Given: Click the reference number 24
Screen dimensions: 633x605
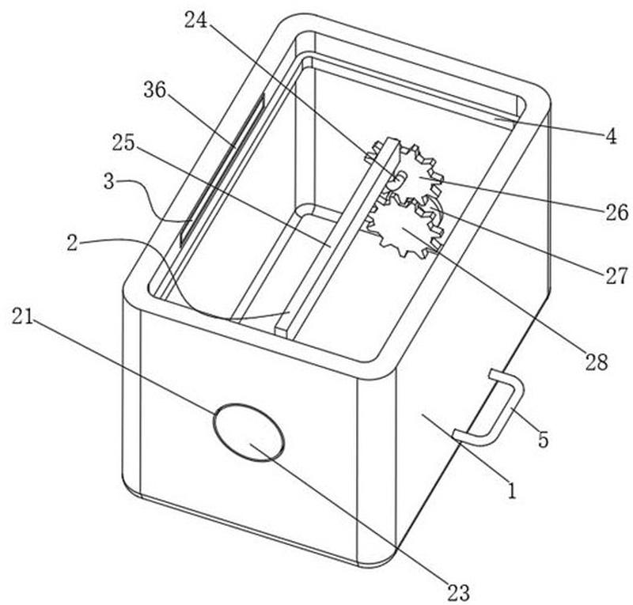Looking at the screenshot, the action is pos(195,21).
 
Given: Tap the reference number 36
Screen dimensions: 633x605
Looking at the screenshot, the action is pos(155,90).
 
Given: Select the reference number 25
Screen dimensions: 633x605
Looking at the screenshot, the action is pos(123,143).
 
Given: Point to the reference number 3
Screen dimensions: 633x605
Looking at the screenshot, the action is pos(109,182).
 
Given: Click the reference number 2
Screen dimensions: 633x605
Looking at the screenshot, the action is pos(72,244).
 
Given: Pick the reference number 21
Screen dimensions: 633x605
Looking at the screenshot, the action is pos(22,316).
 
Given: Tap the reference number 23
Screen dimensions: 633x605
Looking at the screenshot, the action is pos(459,592).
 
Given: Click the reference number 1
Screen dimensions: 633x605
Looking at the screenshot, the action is pos(512,490).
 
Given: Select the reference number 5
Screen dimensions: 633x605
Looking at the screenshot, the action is pos(544,439).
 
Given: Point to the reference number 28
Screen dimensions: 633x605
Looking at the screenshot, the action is pos(597,362).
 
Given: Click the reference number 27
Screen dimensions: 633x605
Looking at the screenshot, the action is pos(617,276).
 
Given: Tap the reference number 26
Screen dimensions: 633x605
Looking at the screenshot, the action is pos(617,212).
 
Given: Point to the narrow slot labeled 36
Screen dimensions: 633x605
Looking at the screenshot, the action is pos(222,168).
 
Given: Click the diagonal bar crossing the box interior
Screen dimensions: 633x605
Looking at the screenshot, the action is pos(336,236).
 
